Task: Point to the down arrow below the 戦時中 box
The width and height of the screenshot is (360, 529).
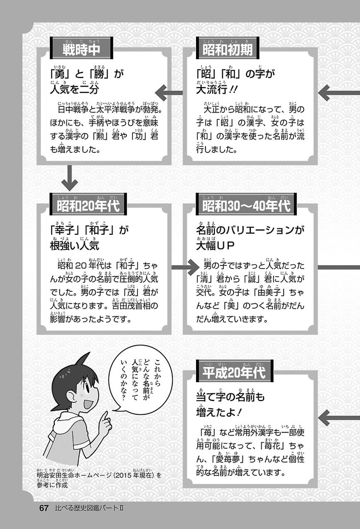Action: coord(70,178)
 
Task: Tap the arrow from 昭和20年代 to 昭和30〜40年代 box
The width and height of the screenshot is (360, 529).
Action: coord(184,268)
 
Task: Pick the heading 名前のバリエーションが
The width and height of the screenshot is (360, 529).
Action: coord(251,230)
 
